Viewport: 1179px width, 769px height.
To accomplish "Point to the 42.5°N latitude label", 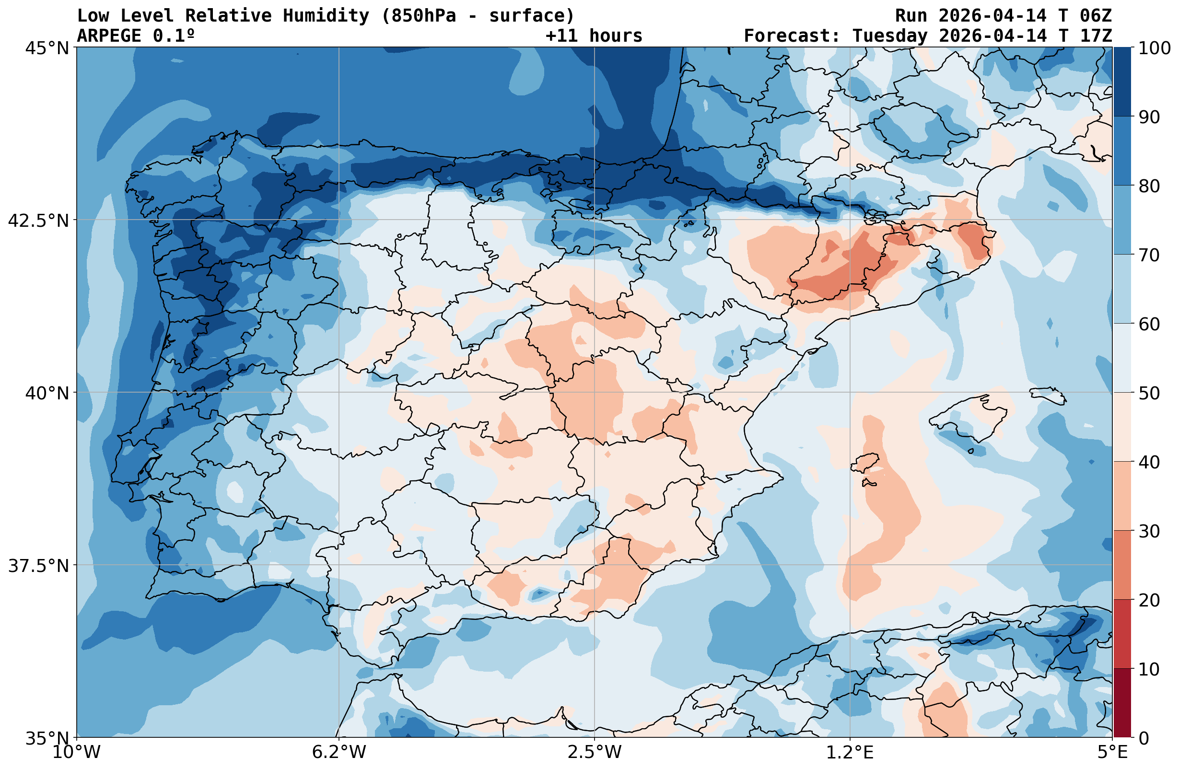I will click(x=39, y=221).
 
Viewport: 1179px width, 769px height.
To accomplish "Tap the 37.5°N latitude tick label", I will click(x=39, y=566).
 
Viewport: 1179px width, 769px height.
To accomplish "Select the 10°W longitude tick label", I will click(x=76, y=752).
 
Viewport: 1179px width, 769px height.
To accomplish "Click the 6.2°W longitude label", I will click(x=339, y=752).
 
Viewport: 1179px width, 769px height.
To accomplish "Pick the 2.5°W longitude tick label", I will click(x=595, y=752).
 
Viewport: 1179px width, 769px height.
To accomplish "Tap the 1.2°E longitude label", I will click(x=850, y=752).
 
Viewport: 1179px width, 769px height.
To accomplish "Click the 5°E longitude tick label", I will click(x=1112, y=752).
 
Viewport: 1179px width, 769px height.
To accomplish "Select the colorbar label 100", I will click(x=1154, y=48).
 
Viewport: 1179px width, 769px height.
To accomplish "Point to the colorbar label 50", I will click(x=1149, y=394).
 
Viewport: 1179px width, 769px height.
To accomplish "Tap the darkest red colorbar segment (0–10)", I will click(x=1122, y=703).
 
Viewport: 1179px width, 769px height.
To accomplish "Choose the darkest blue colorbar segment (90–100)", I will click(x=1122, y=82).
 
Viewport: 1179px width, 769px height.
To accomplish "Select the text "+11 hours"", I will click(x=594, y=35).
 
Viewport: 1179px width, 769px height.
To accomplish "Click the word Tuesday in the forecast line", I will click(x=890, y=35).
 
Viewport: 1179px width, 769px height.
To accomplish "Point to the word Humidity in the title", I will click(x=326, y=16).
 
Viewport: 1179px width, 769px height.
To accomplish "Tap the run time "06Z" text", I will click(x=1096, y=16).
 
